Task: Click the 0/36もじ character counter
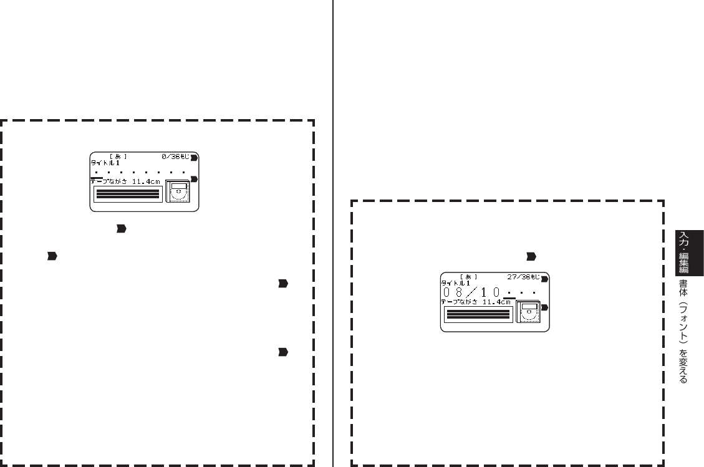(x=176, y=156)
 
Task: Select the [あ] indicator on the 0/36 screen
(x=118, y=156)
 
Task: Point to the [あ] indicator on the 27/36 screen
(x=468, y=276)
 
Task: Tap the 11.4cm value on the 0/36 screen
(x=146, y=182)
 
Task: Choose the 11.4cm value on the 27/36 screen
(x=496, y=302)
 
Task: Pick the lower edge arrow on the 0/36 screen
(x=194, y=179)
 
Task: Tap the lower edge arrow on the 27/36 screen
(x=544, y=308)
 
